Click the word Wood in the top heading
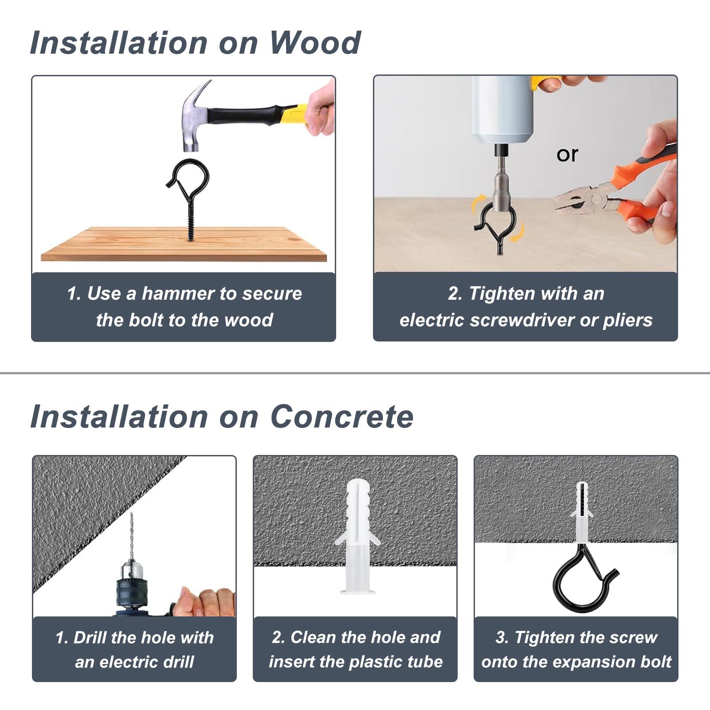point(315,43)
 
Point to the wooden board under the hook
point(184,244)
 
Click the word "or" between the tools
point(567,154)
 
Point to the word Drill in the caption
point(90,638)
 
